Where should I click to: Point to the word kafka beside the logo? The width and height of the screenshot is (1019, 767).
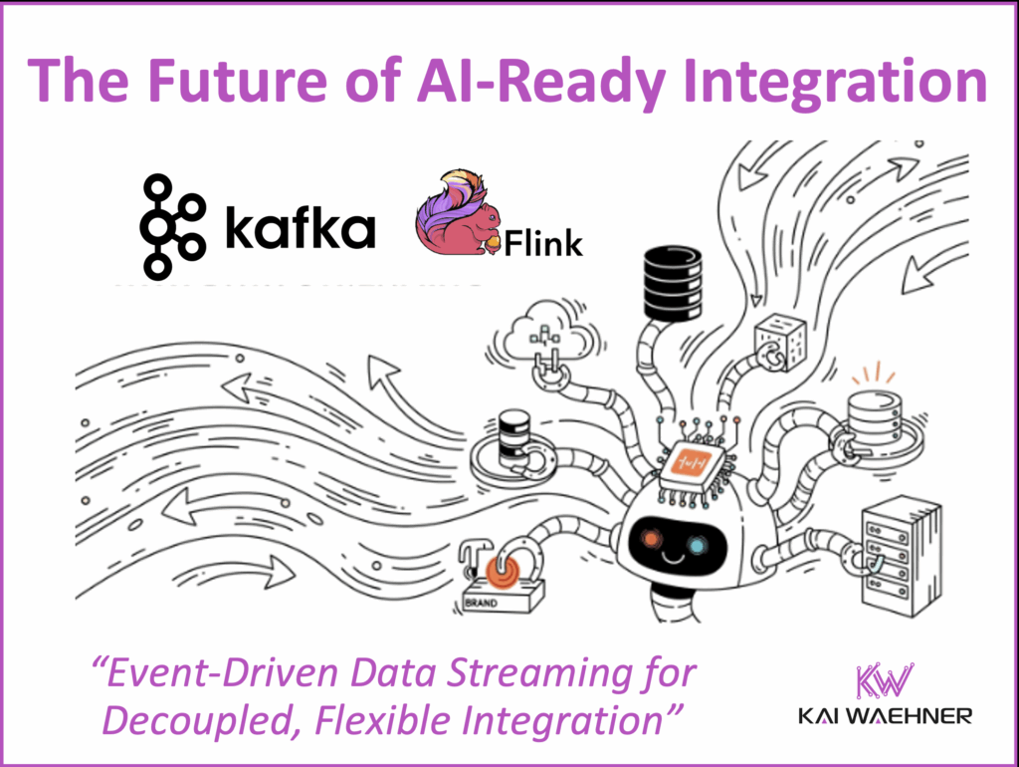click(300, 229)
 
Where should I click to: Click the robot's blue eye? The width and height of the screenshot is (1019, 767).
click(699, 545)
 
